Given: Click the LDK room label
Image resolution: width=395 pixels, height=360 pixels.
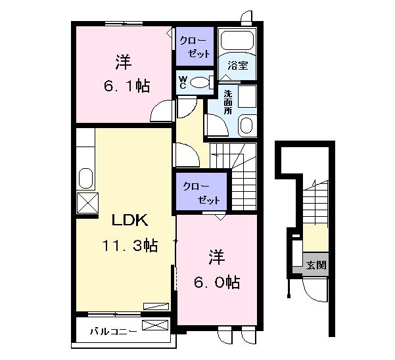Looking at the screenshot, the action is (129, 221).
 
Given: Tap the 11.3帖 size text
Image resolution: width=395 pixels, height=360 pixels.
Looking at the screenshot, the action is (130, 246).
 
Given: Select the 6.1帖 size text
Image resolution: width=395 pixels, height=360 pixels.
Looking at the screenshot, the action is (127, 86).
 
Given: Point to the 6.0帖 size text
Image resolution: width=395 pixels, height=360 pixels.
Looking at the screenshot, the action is (217, 282).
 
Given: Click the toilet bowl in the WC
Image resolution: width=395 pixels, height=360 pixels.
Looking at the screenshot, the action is (199, 82).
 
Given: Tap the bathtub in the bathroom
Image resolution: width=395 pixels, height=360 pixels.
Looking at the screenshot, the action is (237, 40).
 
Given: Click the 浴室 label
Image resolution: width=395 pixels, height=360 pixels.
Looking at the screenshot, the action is (238, 66).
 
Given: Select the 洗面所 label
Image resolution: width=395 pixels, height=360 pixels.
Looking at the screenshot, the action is (228, 102).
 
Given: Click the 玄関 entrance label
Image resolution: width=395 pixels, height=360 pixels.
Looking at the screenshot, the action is (316, 265).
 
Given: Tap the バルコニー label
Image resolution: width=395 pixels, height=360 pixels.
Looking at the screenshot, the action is (114, 331).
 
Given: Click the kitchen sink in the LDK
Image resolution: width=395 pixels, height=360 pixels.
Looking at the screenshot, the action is (86, 178).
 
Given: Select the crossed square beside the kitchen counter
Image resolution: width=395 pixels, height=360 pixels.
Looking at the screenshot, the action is (87, 203).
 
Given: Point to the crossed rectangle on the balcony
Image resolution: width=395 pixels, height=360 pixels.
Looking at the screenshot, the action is (155, 325).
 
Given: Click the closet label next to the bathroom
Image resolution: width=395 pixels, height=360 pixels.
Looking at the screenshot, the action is (195, 47).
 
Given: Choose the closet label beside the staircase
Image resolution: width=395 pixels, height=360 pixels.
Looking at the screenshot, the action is (201, 193).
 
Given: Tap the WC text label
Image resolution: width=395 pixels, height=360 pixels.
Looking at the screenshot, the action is (183, 82).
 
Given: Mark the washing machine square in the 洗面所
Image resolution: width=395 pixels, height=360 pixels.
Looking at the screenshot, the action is (247, 97).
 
